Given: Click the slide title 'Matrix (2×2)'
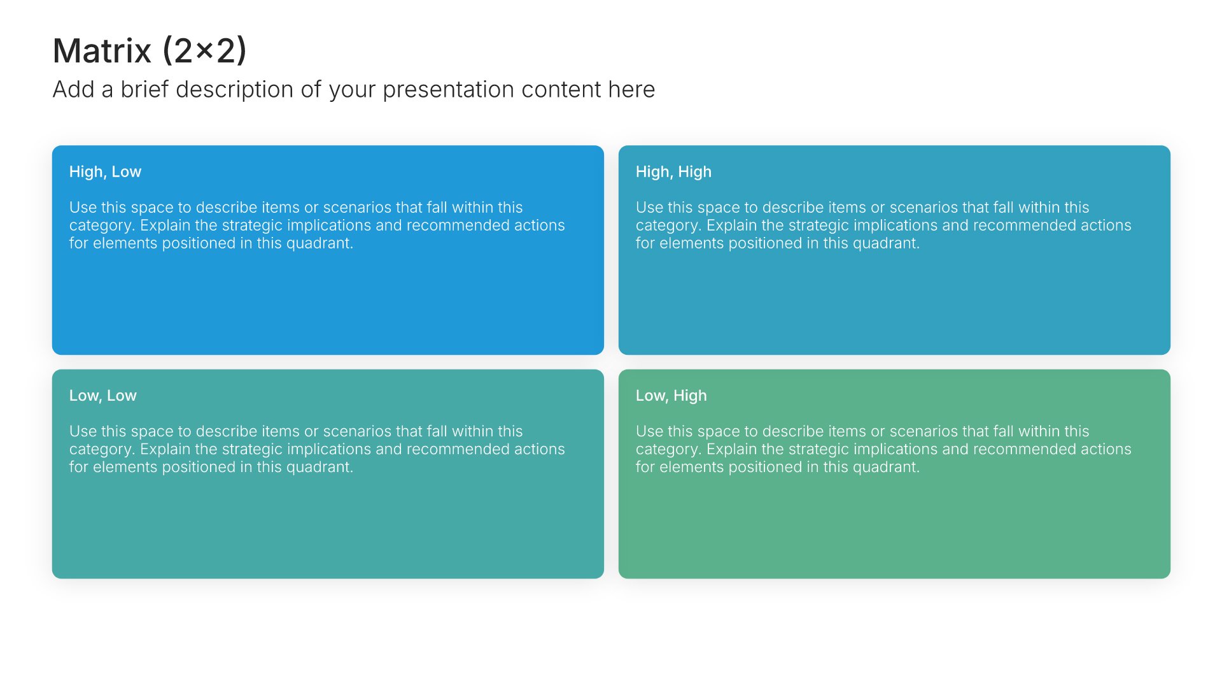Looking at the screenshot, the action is (150, 50).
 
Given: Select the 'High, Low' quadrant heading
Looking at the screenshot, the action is (105, 172).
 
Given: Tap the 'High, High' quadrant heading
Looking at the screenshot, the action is (673, 172).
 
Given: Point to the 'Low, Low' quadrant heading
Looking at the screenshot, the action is (103, 396).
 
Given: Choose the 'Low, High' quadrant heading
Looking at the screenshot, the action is (671, 396).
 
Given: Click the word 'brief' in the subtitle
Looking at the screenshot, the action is (144, 89).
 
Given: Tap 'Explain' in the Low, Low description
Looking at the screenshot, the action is (165, 450).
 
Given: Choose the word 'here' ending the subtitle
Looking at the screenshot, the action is (631, 89).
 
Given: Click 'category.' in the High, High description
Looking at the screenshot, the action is (669, 226).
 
